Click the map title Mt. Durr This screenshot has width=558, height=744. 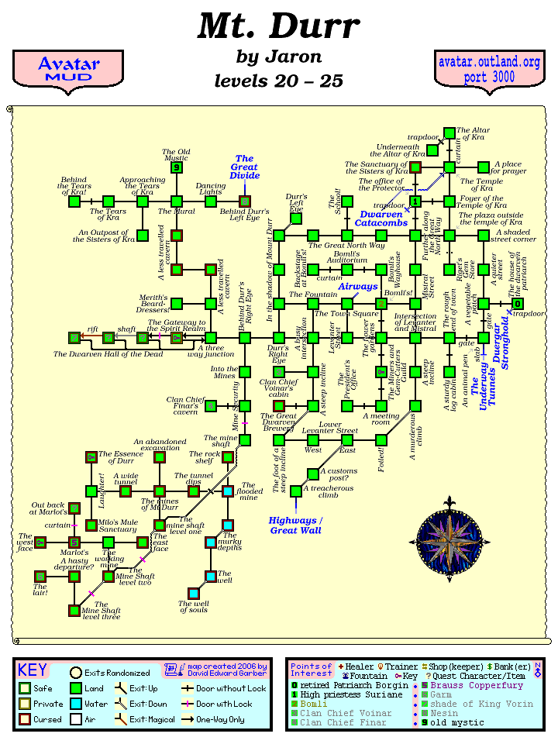point(278,26)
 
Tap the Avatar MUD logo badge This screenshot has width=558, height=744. point(68,70)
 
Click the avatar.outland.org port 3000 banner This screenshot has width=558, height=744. point(488,70)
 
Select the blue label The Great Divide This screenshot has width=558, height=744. point(244,167)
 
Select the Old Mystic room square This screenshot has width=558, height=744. point(177,167)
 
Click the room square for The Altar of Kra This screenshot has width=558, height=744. point(449,133)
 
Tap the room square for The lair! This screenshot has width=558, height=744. point(40,577)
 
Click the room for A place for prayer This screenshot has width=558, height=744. point(483,167)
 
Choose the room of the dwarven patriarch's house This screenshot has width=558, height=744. point(517,304)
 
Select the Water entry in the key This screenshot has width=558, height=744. point(86,704)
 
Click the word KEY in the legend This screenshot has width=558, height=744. point(33,670)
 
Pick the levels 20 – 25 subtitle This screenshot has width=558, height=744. point(278,81)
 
